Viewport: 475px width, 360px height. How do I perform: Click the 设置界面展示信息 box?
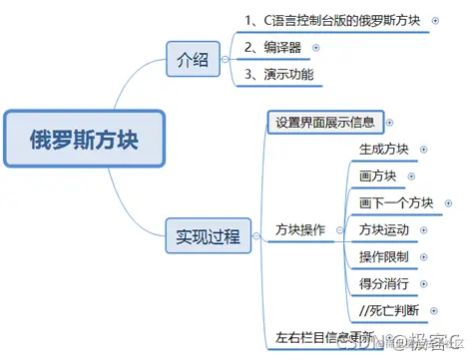pos(324,123)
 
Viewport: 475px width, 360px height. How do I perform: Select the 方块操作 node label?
pos(300,230)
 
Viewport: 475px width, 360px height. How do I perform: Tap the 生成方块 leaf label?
pos(384,151)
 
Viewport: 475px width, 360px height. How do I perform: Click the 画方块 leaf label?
pos(378,177)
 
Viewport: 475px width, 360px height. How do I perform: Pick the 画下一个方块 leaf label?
pos(396,203)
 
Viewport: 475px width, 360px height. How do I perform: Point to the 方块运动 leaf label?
pos(384,230)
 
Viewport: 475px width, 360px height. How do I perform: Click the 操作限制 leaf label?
pos(384,257)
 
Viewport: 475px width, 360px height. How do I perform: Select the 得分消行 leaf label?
pos(384,283)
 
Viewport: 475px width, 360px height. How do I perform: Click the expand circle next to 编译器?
pos(317,47)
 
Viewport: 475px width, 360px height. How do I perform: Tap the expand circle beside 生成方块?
pos(423,151)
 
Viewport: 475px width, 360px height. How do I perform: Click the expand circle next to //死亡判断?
pos(432,310)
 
